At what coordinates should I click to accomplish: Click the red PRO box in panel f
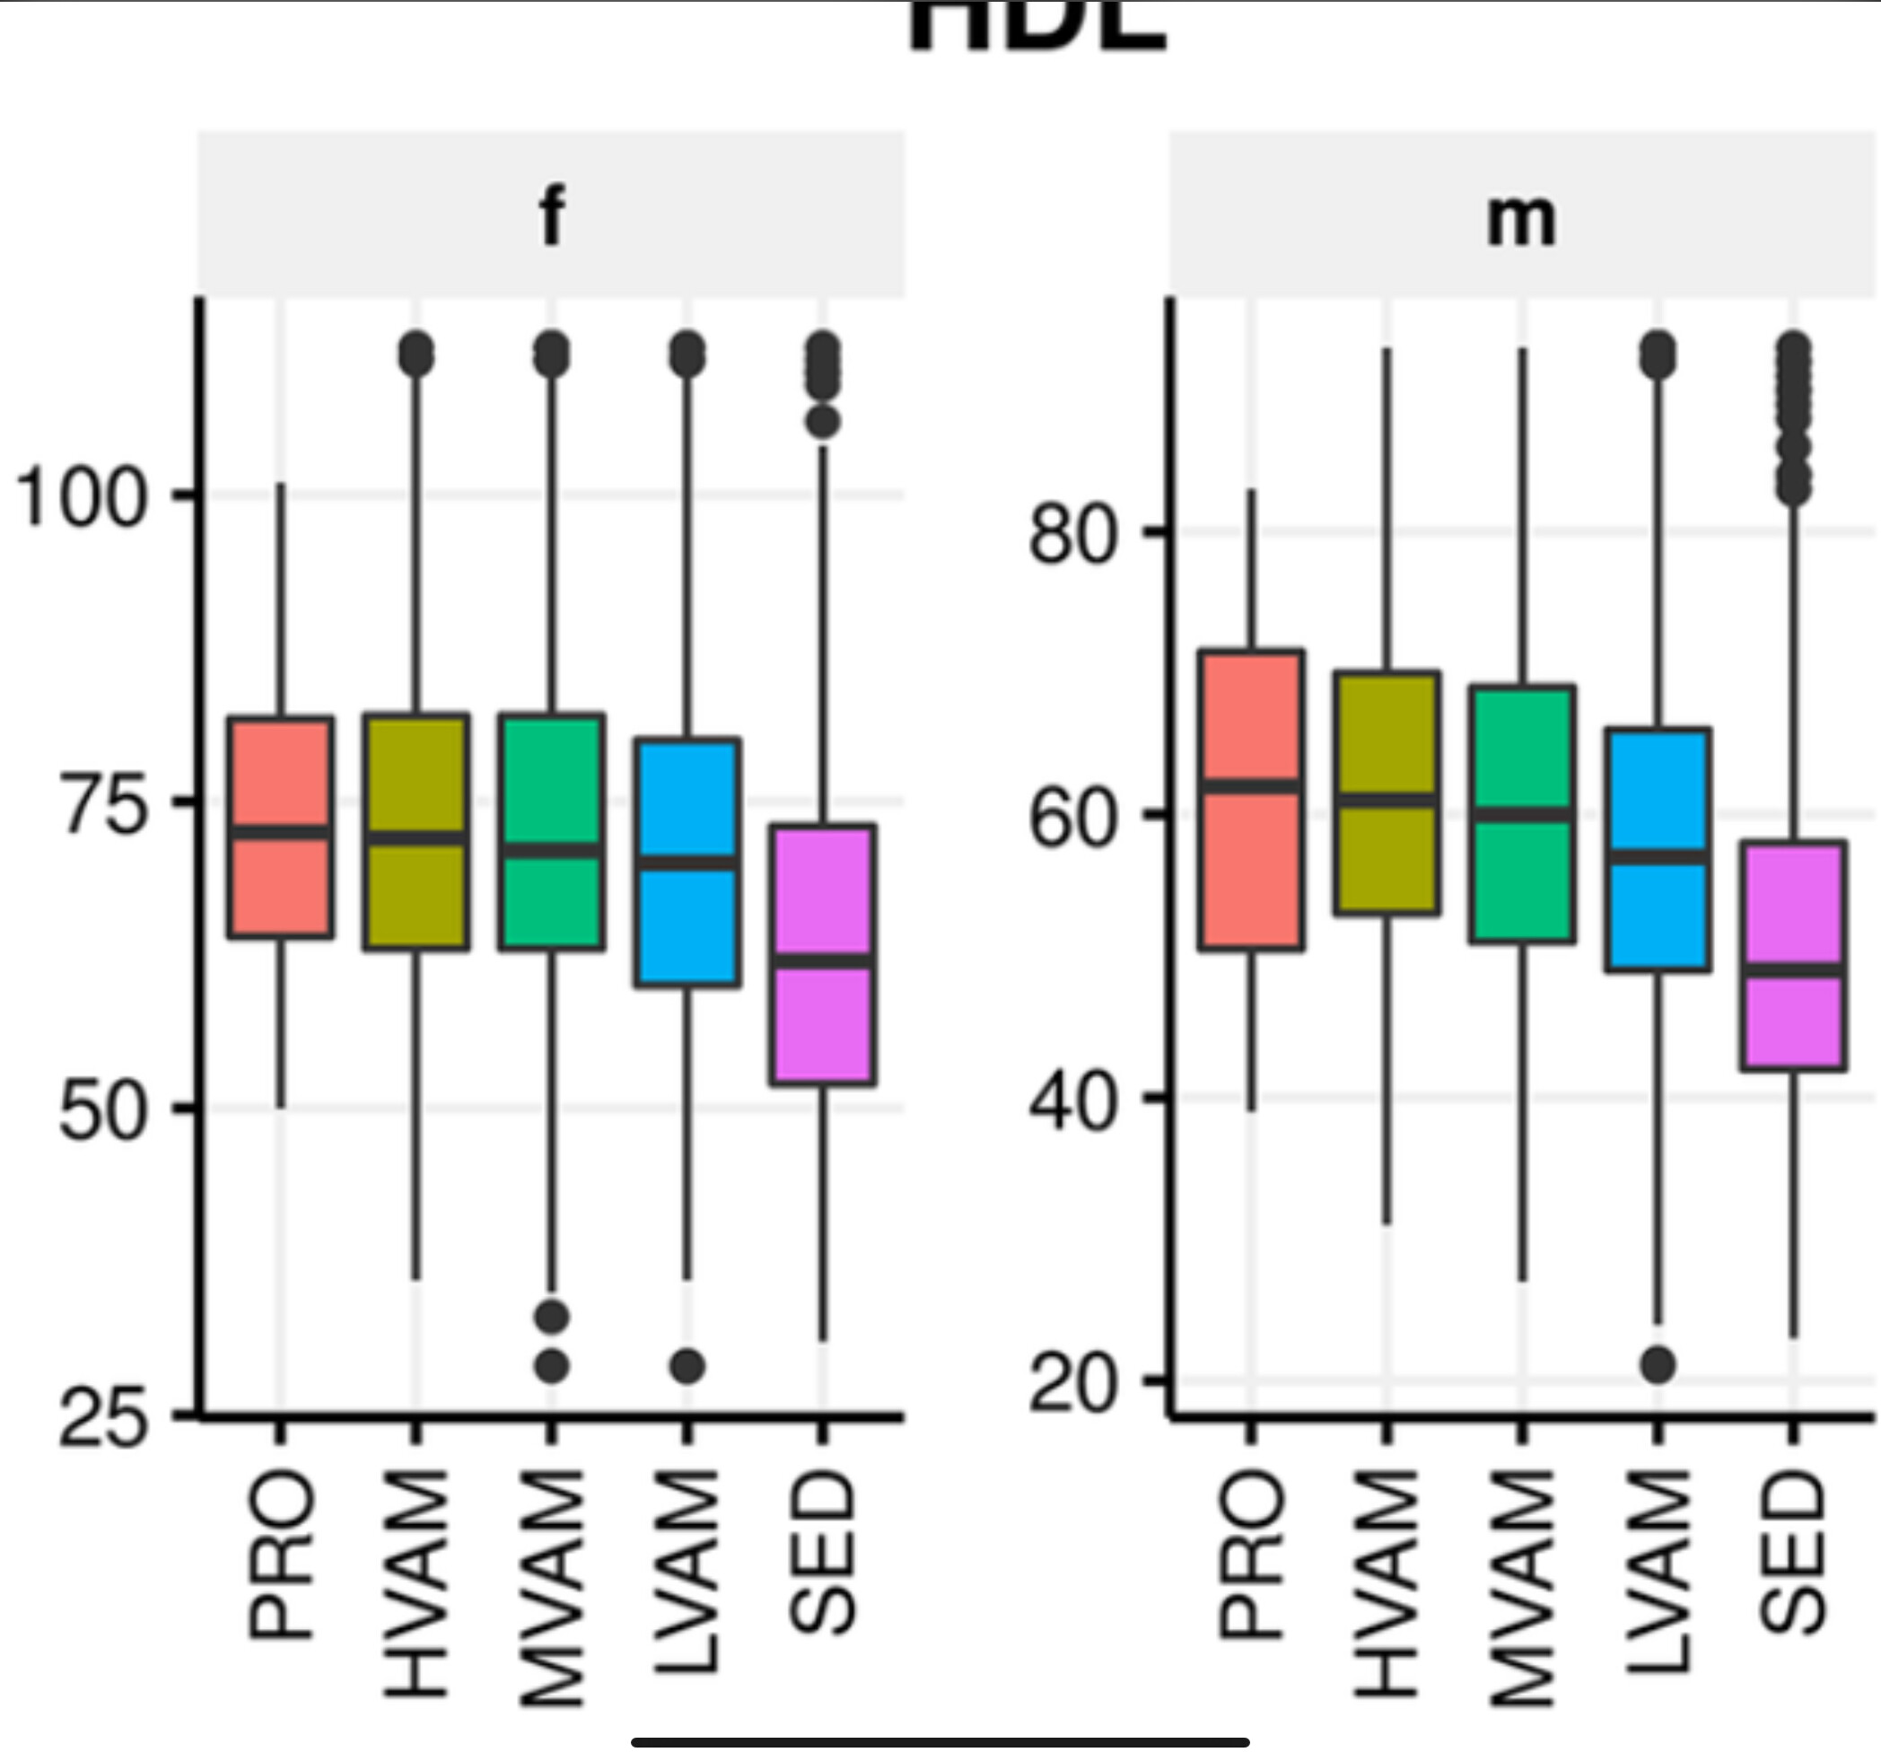(280, 828)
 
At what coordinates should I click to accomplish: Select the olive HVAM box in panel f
(416, 832)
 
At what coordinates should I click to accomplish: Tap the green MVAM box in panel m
(1522, 814)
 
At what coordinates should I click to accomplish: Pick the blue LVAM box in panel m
(1657, 850)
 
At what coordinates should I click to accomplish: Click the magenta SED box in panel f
(822, 955)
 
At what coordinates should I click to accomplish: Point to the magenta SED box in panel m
(1793, 956)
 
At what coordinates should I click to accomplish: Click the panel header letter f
(552, 216)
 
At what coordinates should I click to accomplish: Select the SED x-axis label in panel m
(1793, 1555)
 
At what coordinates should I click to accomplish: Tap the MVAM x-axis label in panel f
(553, 1587)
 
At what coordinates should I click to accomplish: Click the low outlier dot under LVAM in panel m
(1658, 1364)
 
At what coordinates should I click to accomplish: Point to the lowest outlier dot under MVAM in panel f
(553, 1365)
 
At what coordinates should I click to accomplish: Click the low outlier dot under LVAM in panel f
(687, 1365)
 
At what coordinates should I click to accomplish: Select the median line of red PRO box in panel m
(1251, 786)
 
